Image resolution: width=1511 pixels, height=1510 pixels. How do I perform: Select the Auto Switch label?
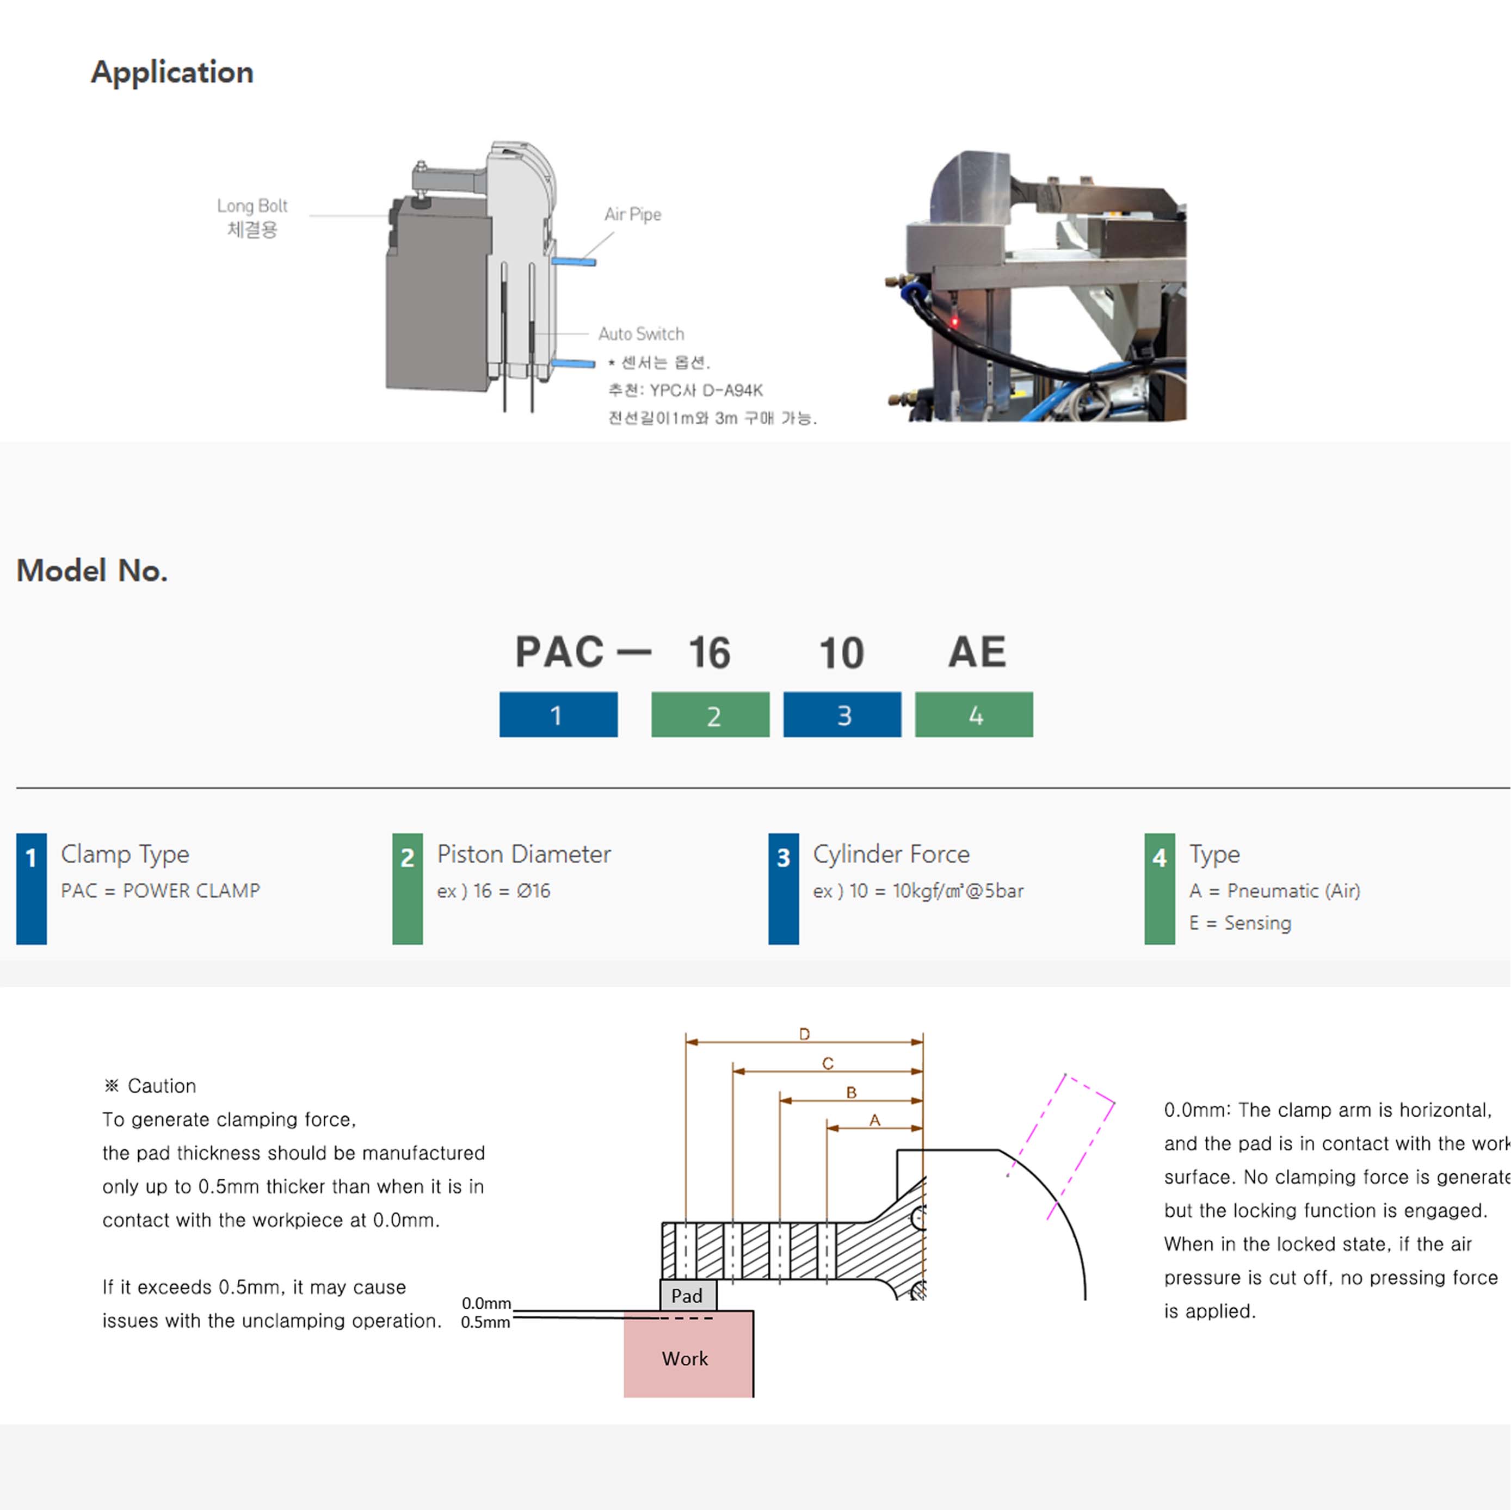[x=640, y=334]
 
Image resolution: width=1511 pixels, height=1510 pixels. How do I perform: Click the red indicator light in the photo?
[x=954, y=321]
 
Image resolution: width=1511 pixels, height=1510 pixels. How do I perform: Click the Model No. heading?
[x=92, y=571]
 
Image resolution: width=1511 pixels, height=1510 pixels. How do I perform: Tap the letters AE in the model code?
[x=977, y=652]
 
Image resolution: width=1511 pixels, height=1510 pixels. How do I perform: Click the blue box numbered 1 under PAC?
[x=558, y=715]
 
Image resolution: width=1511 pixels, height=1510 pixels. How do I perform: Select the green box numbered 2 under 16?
[x=710, y=715]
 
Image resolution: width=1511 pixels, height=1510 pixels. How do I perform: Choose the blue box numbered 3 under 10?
[x=842, y=715]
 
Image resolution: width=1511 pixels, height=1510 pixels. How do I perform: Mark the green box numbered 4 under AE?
[x=974, y=715]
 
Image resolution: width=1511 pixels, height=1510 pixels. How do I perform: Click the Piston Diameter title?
[x=524, y=854]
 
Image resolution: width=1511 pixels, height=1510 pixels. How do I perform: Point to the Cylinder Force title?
[x=891, y=854]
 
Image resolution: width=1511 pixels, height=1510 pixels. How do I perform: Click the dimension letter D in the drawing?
[x=804, y=1035]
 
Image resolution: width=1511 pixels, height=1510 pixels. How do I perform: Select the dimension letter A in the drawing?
[x=874, y=1121]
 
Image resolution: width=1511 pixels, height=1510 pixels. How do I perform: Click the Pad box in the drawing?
[x=687, y=1296]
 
